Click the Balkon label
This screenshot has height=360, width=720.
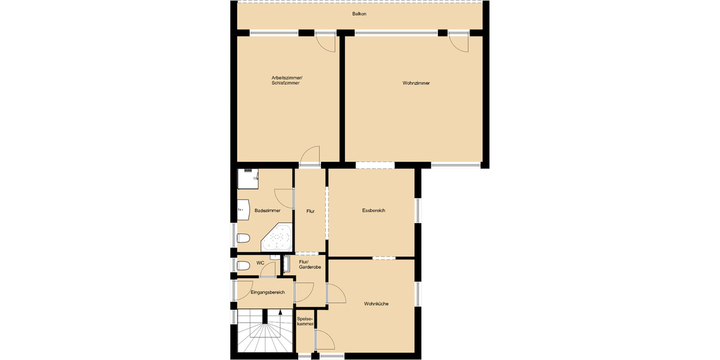359,14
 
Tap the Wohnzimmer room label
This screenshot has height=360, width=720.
416,83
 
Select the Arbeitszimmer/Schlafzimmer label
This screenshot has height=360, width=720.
287,80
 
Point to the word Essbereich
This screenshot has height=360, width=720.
373,211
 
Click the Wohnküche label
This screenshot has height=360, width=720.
376,304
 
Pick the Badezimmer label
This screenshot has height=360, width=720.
267,211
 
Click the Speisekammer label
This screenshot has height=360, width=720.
305,322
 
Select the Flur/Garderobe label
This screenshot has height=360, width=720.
310,265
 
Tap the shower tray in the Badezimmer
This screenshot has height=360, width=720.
248,178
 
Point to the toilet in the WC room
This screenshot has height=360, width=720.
243,265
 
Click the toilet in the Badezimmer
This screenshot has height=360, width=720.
243,239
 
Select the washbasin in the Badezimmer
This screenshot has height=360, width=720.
243,209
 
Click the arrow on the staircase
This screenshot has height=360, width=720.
280,313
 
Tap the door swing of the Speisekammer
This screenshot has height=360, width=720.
326,341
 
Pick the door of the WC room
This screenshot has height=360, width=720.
268,270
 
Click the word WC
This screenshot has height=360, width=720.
260,263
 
